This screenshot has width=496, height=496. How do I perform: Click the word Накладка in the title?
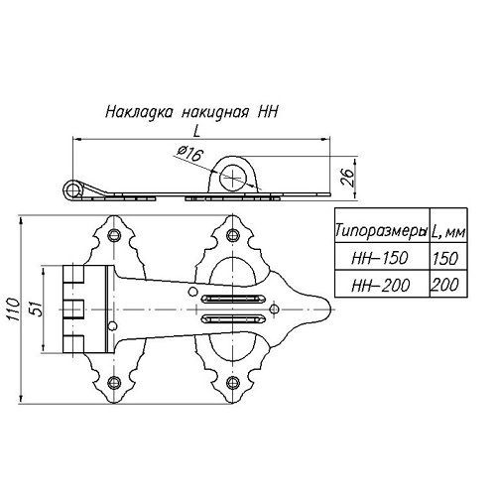coord(139,112)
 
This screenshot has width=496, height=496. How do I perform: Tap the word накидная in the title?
coord(215,112)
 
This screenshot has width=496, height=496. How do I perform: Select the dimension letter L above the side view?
coord(197,132)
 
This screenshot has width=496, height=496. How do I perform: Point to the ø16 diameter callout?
coord(189,154)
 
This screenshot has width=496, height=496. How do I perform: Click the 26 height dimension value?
coord(346,179)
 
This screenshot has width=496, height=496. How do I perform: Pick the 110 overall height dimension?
coord(13,309)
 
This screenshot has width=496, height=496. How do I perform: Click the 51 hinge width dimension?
coord(37,309)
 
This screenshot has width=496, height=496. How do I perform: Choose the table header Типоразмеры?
coord(381,230)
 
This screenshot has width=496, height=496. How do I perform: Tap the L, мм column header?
coord(448,231)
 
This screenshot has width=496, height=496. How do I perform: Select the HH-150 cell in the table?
coord(380,258)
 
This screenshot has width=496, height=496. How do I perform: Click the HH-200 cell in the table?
coord(380,285)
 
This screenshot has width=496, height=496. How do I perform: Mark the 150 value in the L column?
coord(445,258)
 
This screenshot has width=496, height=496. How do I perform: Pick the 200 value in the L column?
coord(445,285)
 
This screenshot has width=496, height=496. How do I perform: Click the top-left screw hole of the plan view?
coord(113,235)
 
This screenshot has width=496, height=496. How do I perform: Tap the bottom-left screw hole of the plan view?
coord(113,382)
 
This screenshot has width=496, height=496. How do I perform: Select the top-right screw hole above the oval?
coord(233,235)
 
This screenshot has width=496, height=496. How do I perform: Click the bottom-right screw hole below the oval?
coord(233,382)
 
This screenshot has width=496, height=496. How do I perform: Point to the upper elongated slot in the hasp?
coord(234,299)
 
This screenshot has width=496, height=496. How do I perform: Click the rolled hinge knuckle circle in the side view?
coord(72,190)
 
